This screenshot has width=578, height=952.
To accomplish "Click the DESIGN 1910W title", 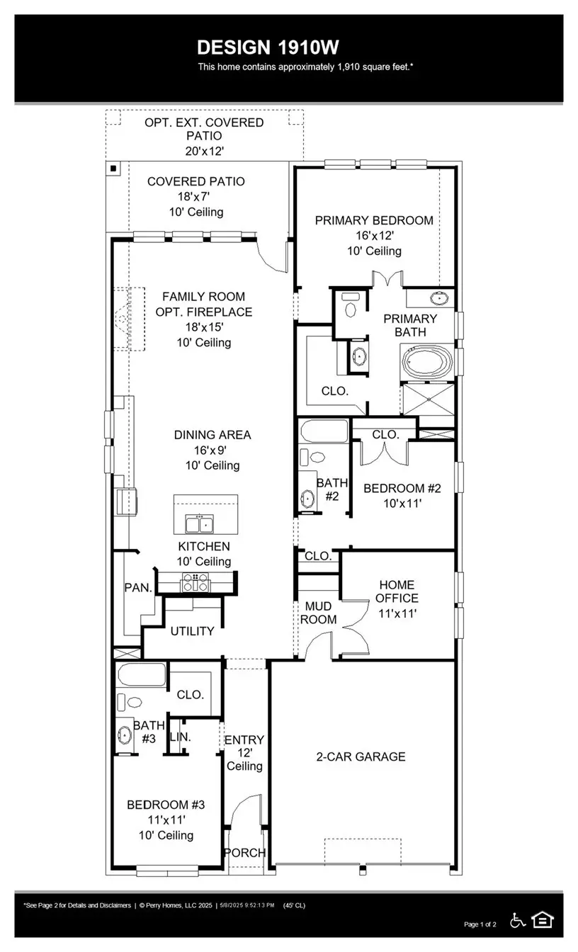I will coord(268,47).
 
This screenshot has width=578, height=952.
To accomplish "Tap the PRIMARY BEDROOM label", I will coord(374,220).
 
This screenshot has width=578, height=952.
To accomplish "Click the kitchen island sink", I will coord(200,524).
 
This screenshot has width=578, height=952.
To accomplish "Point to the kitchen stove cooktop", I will coord(196,582).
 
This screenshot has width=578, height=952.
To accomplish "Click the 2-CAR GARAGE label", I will coord(361,756).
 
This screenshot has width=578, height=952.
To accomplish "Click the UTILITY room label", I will coord(192,630).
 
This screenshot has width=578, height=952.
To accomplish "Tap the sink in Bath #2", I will coord(308,499).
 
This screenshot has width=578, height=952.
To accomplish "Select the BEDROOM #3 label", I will coord(166,805).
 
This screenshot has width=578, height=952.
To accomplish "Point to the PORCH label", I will coord(245,852).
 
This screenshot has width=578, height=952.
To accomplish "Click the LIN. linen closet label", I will coord(181,737).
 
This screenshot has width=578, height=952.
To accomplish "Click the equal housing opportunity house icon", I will coord(543,920).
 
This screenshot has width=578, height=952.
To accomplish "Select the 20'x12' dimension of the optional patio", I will coord(204,151).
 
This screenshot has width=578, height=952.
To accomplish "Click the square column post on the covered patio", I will coord(113,169).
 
